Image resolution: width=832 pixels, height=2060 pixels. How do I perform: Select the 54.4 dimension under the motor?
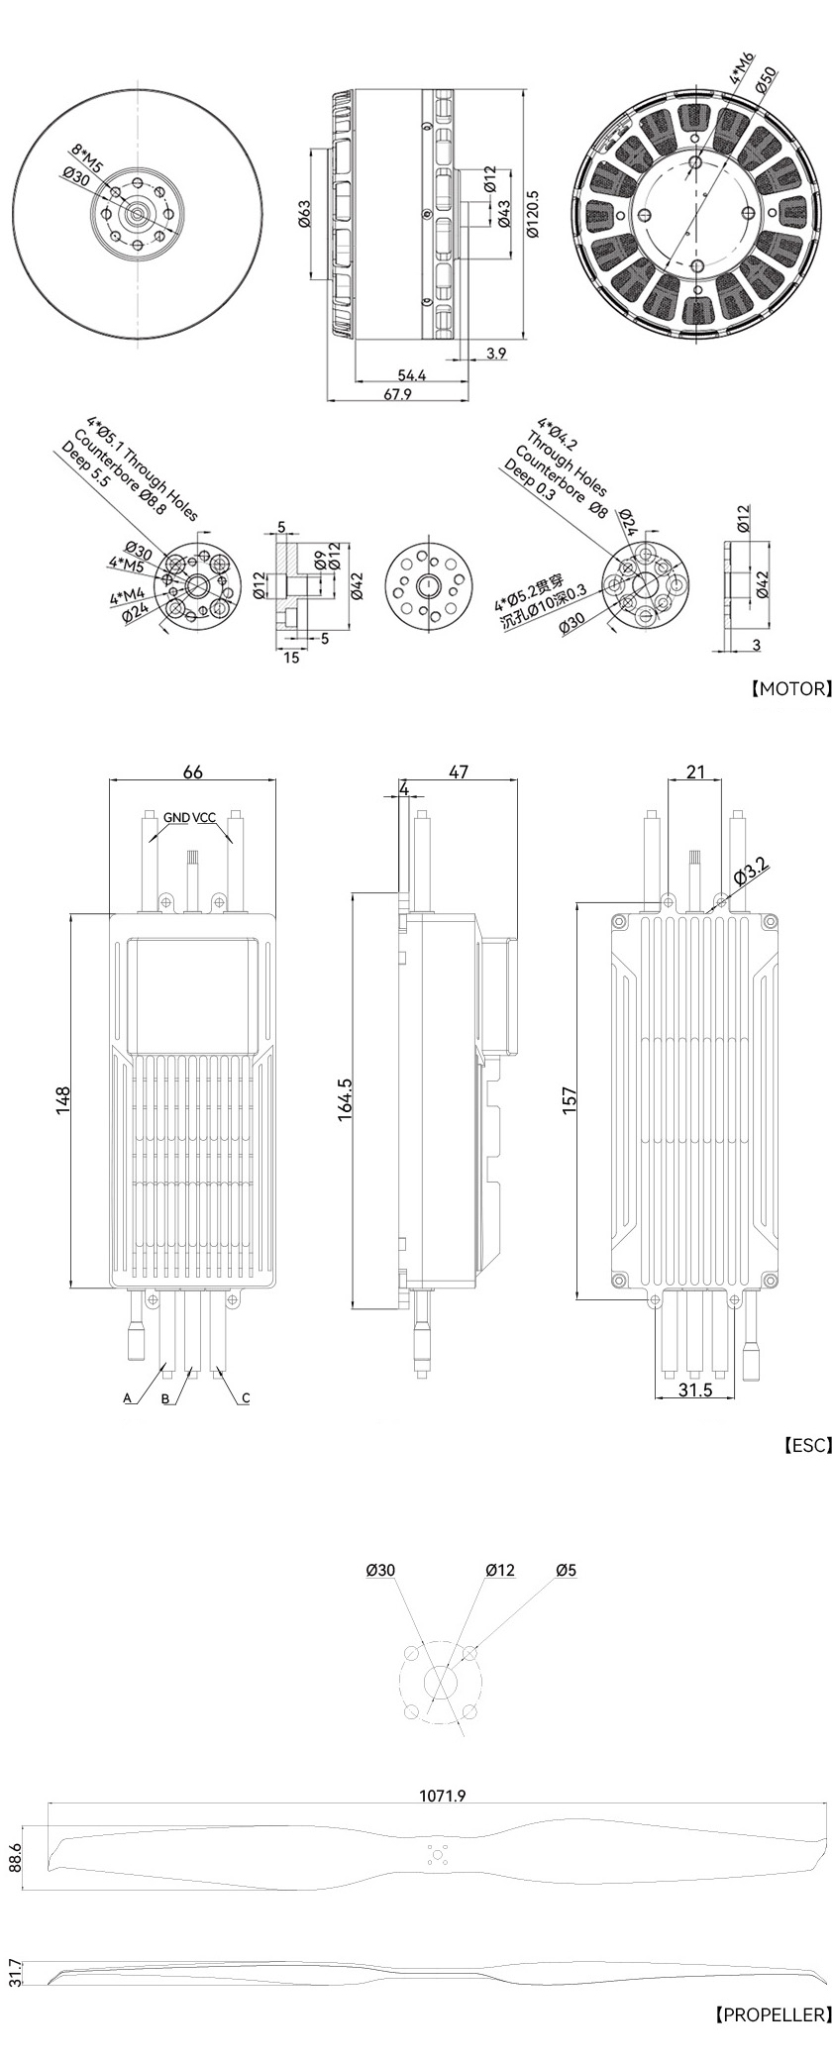(x=412, y=374)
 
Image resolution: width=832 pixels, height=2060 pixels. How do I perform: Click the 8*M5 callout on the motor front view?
(x=84, y=156)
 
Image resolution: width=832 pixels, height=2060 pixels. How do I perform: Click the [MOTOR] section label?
(x=790, y=688)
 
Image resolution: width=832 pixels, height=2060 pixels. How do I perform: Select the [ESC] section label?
(x=807, y=1445)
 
